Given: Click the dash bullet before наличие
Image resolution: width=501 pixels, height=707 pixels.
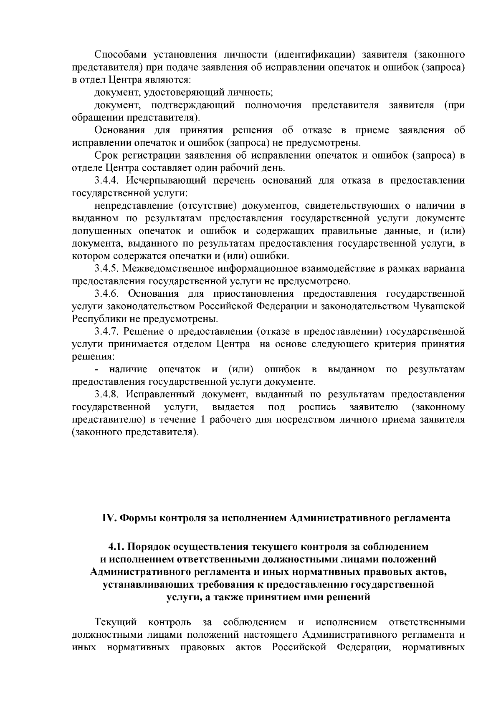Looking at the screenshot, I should click(97, 370).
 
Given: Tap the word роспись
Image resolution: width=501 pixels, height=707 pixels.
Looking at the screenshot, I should click(317, 407).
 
